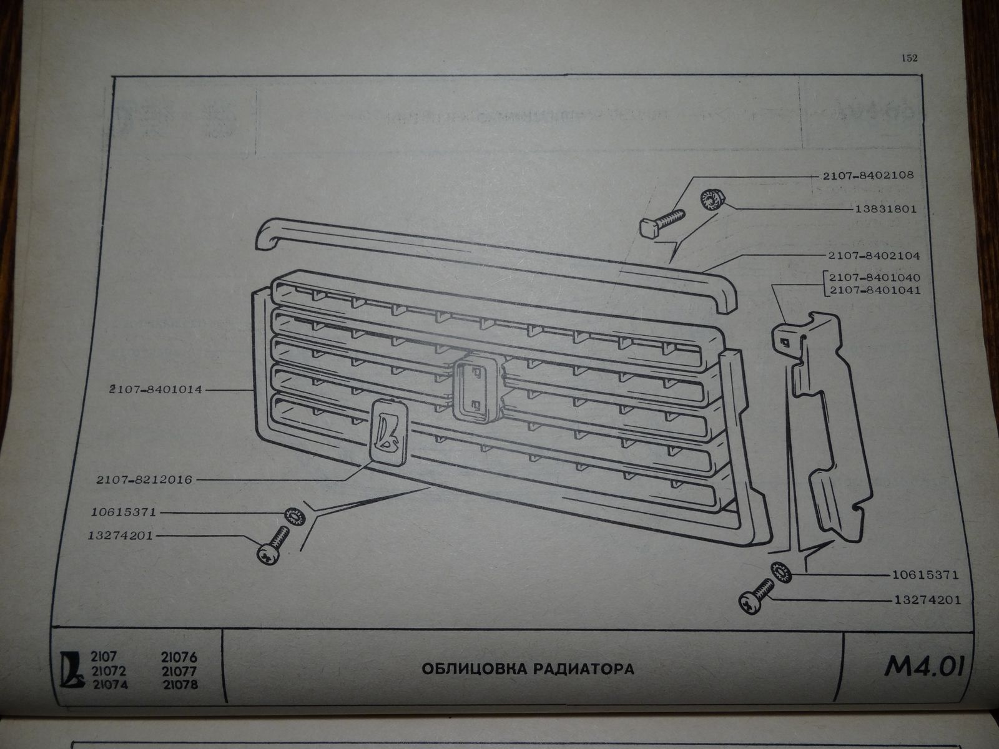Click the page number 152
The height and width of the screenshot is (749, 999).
[x=908, y=58]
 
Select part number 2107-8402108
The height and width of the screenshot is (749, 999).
[x=869, y=175]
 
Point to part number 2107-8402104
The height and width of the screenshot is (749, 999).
[x=873, y=256]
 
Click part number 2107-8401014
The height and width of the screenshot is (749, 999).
[x=156, y=390]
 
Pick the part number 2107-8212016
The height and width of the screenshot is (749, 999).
[x=144, y=480]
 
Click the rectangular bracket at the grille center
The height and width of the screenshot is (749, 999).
[x=476, y=388]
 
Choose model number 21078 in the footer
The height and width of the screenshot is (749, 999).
[x=179, y=685]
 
